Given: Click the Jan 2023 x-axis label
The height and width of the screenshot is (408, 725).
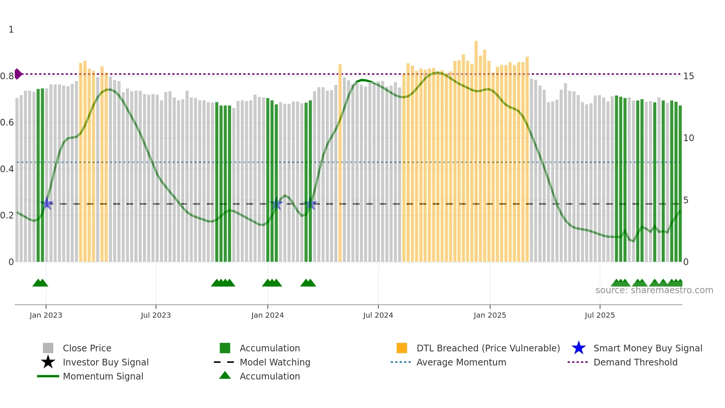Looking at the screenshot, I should [x=46, y=315].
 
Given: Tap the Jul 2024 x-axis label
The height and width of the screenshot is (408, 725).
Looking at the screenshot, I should [x=378, y=315].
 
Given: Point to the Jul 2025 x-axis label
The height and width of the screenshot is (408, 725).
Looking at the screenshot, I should [x=600, y=315].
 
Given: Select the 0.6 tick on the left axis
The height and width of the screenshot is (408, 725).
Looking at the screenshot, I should [x=7, y=123].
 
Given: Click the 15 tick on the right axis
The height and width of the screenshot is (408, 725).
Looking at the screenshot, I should [x=688, y=76].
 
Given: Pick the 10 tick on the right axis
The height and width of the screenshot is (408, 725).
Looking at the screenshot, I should [x=688, y=138].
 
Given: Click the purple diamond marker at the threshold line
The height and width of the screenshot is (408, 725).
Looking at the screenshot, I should [x=18, y=74].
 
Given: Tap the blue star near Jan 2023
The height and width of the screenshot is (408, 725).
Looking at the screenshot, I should [x=47, y=204].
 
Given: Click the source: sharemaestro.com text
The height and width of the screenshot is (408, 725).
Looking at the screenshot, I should [x=654, y=290].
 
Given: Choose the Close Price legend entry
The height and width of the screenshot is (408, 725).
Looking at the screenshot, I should [x=87, y=348].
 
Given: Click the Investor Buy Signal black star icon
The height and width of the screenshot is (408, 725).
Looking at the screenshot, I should [x=48, y=362].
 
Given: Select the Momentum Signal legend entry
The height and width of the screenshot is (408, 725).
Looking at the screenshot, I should [x=103, y=377].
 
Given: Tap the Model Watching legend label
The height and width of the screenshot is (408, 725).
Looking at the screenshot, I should [x=275, y=362].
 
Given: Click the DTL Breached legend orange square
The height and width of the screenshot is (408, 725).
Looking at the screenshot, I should [x=402, y=348].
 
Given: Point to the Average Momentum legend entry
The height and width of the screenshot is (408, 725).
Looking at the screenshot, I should [x=461, y=362].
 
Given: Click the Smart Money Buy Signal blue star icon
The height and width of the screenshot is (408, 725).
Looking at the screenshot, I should [x=579, y=348].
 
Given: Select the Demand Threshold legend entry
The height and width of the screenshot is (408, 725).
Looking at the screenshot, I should [x=635, y=362].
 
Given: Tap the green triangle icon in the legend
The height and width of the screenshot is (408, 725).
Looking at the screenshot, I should [x=225, y=376].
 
